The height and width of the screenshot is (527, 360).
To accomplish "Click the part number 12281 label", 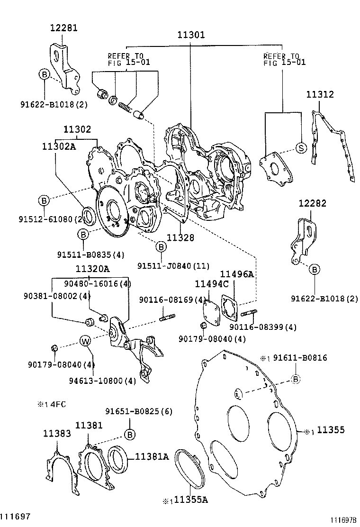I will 63,28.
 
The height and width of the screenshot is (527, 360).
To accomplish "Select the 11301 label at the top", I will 191,35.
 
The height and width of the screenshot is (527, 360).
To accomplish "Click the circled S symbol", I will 300,147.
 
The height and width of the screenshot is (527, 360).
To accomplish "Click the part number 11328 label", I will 180,237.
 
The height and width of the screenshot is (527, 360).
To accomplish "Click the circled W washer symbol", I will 85,341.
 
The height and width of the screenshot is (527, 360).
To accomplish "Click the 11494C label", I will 212,284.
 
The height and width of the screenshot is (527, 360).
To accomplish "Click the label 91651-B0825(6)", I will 138,411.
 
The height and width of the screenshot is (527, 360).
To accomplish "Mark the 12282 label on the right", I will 312,203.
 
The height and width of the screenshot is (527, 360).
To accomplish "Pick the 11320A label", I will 93,269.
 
